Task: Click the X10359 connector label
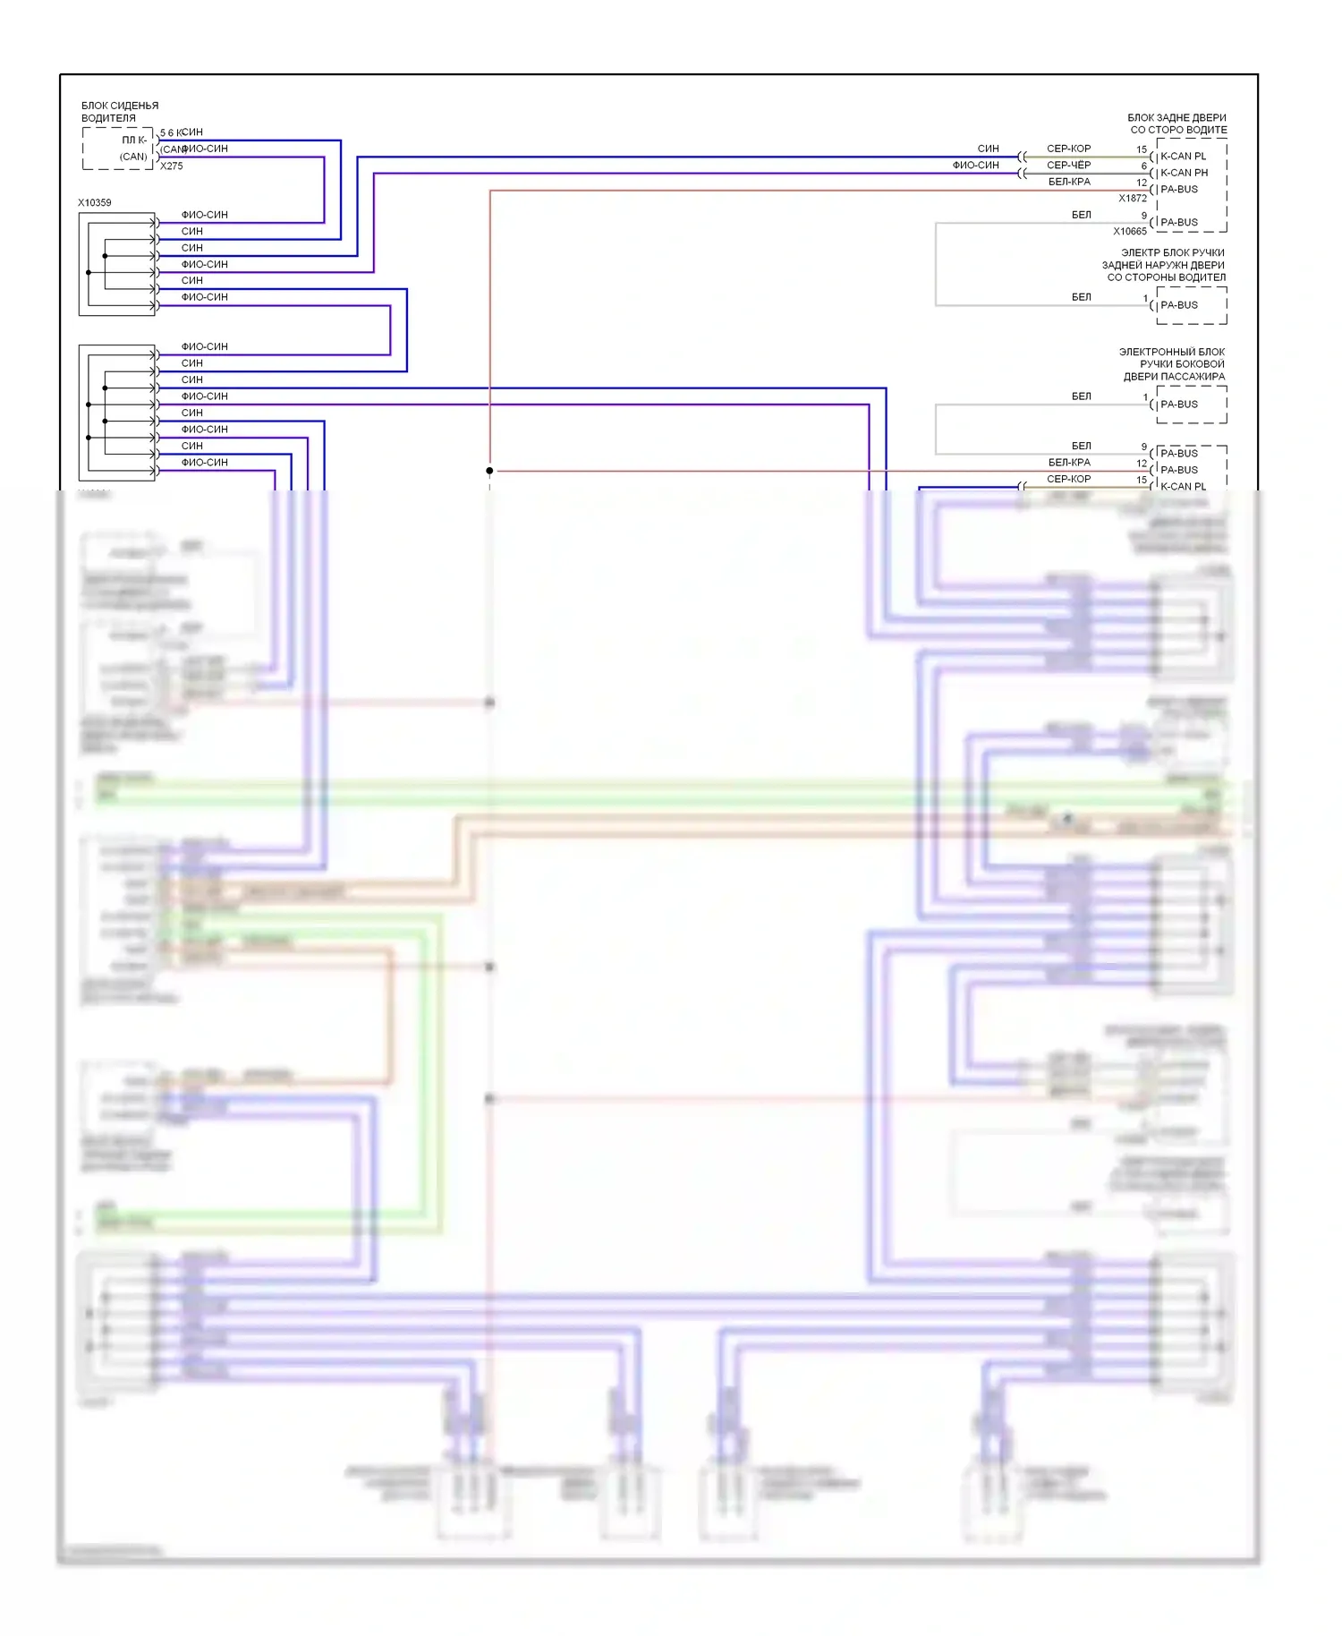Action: (x=95, y=203)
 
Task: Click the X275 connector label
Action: (x=171, y=166)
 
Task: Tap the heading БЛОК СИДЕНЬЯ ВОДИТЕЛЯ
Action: (x=119, y=112)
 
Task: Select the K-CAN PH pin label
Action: (x=1184, y=173)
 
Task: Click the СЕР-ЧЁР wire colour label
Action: (x=1068, y=166)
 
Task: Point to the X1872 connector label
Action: (x=1132, y=199)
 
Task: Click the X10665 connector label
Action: (x=1129, y=232)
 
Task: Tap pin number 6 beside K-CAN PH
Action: (x=1143, y=166)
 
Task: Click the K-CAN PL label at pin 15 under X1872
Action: (x=1183, y=157)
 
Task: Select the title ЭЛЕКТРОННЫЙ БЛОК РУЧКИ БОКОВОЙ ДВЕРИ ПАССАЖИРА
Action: (x=1173, y=364)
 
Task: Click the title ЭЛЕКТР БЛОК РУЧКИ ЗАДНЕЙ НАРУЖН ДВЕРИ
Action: (x=1164, y=265)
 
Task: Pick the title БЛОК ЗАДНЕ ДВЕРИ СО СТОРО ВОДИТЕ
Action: (x=1176, y=124)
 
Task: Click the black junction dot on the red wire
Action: (x=489, y=471)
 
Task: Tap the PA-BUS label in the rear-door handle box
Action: (x=1178, y=305)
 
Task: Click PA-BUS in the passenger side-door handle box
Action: (x=1178, y=405)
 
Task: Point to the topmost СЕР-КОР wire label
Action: (x=1068, y=149)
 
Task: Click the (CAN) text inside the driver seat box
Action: (x=133, y=157)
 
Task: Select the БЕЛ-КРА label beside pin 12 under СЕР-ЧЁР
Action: (x=1069, y=182)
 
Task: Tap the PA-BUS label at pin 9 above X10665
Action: (x=1178, y=223)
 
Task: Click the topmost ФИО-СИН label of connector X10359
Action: (x=204, y=215)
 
